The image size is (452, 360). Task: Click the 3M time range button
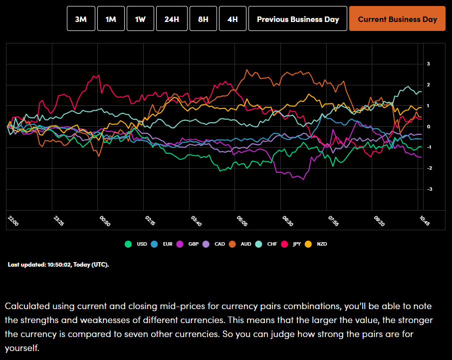pyautogui.click(x=81, y=19)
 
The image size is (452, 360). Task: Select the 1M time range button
pyautogui.click(x=111, y=19)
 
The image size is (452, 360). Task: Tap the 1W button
pyautogui.click(x=140, y=19)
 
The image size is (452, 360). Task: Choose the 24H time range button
pyautogui.click(x=172, y=19)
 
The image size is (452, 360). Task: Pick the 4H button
pyautogui.click(x=232, y=19)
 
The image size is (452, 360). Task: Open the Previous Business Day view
pyautogui.click(x=297, y=19)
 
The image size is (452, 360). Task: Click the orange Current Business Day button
pyautogui.click(x=397, y=19)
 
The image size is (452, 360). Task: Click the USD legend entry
pyautogui.click(x=138, y=244)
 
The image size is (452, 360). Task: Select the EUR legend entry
pyautogui.click(x=164, y=244)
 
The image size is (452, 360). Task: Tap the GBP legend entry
pyautogui.click(x=190, y=244)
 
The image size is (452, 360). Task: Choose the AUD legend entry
pyautogui.click(x=241, y=244)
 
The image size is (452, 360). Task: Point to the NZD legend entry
pyautogui.click(x=319, y=244)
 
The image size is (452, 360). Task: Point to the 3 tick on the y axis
pyautogui.click(x=428, y=64)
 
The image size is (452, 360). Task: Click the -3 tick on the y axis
pyautogui.click(x=428, y=189)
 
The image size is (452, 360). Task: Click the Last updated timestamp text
pyautogui.click(x=58, y=264)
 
